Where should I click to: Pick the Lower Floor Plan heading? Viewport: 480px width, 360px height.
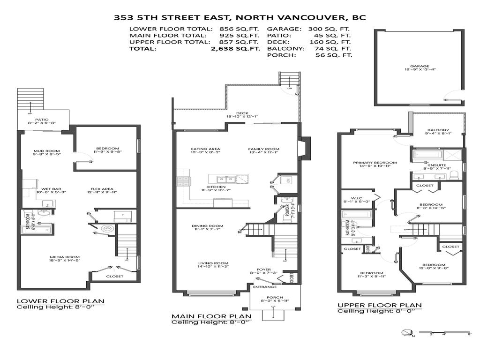[60, 301]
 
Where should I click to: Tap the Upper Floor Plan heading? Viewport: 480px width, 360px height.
[379, 305]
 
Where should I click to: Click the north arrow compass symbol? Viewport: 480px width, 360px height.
[406, 332]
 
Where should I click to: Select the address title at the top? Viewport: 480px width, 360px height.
[240, 18]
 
